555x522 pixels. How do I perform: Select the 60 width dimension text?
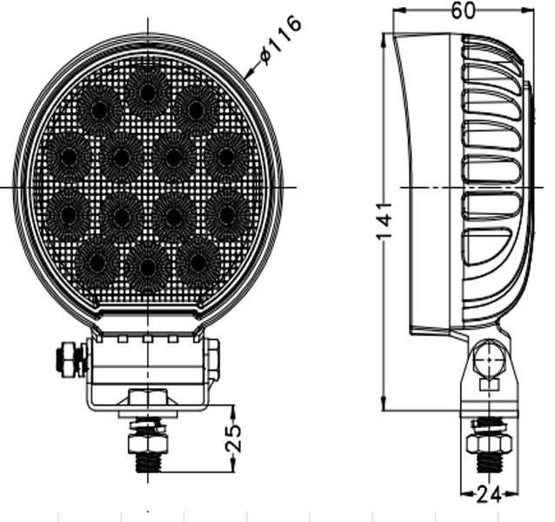click(464, 10)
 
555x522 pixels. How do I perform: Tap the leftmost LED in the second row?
click(68, 157)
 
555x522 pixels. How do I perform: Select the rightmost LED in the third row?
click(227, 211)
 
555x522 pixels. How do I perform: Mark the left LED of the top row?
click(98, 110)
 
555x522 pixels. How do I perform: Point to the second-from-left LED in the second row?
click(121, 157)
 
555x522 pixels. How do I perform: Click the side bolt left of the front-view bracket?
click(68, 358)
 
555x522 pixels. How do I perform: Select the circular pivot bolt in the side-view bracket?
click(489, 358)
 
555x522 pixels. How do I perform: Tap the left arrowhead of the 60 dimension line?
click(397, 10)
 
